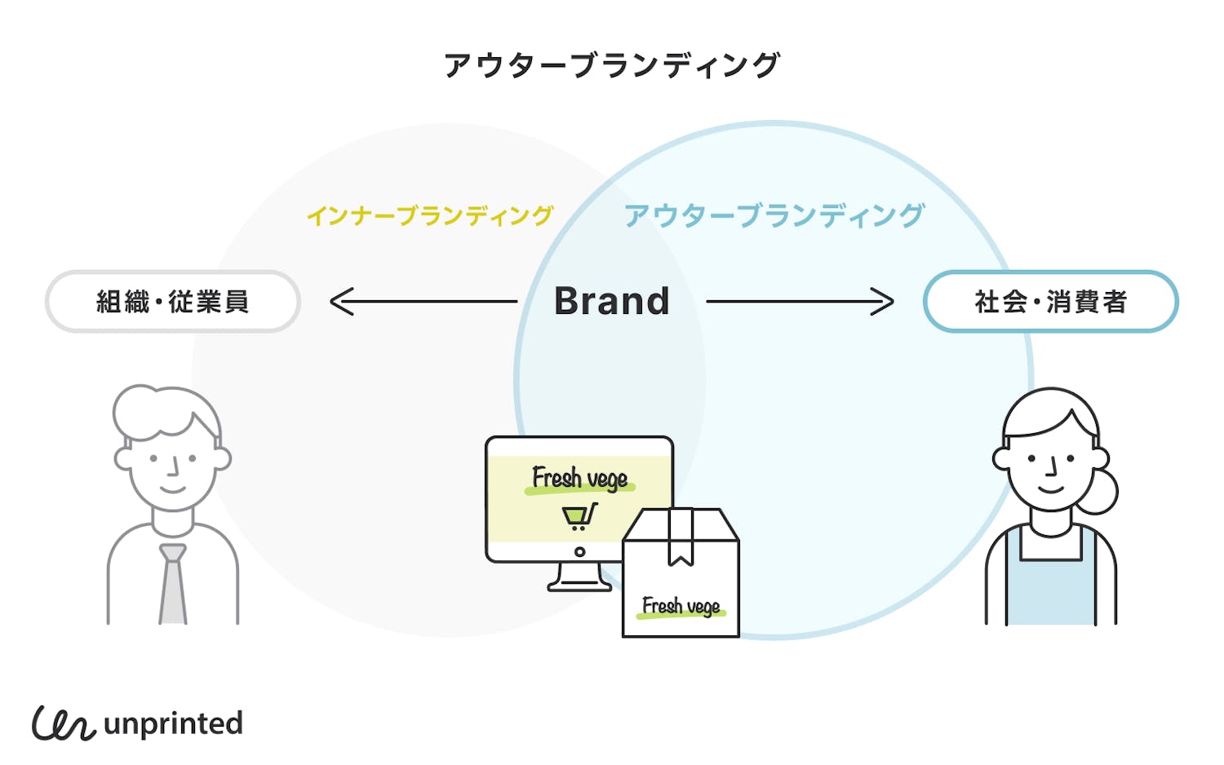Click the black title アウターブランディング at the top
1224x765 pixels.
coord(612,65)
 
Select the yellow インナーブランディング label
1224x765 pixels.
coord(430,215)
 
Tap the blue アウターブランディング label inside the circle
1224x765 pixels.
coord(774,215)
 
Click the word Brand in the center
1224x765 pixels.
coord(612,301)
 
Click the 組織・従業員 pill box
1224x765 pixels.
coord(173,302)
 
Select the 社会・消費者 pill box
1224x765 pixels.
coord(1050,302)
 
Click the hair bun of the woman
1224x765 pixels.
coord(1102,490)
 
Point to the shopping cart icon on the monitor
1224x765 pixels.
coord(579,516)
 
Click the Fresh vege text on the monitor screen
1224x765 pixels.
coord(579,478)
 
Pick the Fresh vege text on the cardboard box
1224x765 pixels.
coord(681,606)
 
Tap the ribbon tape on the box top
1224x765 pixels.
coord(681,538)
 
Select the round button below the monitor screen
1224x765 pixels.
coord(579,552)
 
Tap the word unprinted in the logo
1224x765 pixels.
coord(173,724)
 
